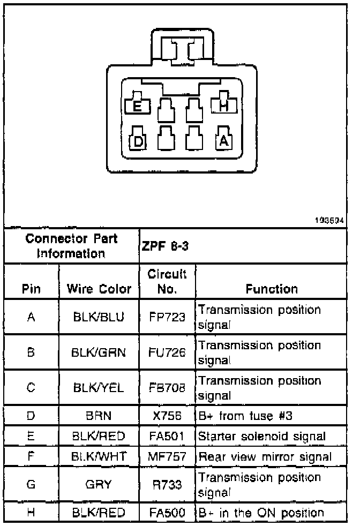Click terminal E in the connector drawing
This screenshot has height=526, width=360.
coord(137,106)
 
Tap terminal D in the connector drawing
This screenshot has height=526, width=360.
coord(138,141)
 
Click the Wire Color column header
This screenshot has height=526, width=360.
coord(99,289)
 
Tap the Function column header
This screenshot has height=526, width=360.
coord(272,289)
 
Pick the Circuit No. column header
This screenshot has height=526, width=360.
coord(167,282)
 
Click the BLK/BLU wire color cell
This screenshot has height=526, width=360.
coord(99,317)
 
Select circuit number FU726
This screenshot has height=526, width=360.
coord(167,352)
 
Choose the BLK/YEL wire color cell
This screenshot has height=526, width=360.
coord(99,388)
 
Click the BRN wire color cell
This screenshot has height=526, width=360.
coord(99,416)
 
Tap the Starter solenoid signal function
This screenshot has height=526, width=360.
coord(262,436)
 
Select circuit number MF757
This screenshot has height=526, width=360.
coord(167,457)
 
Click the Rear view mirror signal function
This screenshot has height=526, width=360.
coord(265,457)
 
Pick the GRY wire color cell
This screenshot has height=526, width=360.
coord(99,484)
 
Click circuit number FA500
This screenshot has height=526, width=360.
coord(167,513)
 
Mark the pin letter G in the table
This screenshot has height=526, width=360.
coord(31,484)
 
